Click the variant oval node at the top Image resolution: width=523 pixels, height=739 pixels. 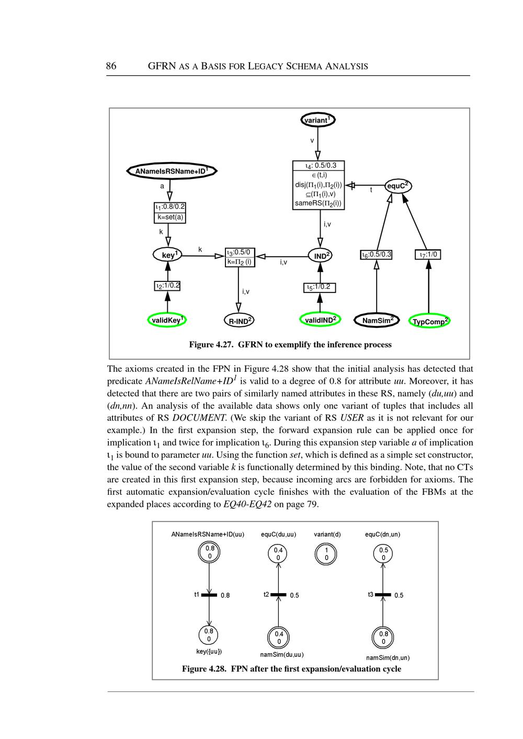pyautogui.click(x=317, y=120)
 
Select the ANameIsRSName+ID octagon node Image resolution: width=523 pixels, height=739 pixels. pyautogui.click(x=172, y=171)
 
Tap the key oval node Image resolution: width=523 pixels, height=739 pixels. pyautogui.click(x=168, y=255)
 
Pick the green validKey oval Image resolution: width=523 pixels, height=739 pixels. pyautogui.click(x=167, y=320)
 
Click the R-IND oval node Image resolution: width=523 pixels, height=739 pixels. pyautogui.click(x=238, y=321)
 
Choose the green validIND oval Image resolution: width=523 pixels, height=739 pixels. pyautogui.click(x=321, y=319)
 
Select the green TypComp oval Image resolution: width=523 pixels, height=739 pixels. pyautogui.click(x=429, y=321)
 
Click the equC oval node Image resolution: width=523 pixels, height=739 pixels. pyautogui.click(x=398, y=186)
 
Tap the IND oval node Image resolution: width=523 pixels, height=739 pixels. pyautogui.click(x=321, y=255)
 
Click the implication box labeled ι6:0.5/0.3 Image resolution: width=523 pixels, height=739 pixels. pyautogui.click(x=377, y=255)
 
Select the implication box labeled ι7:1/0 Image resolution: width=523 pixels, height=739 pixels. pyautogui.click(x=428, y=255)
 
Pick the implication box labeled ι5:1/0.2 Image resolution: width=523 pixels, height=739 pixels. pyautogui.click(x=320, y=287)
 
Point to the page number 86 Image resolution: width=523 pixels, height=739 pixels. pyautogui.click(x=111, y=66)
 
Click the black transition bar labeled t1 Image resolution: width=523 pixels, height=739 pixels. pyautogui.click(x=209, y=595)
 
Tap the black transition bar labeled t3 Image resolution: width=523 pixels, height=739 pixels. pyautogui.click(x=383, y=595)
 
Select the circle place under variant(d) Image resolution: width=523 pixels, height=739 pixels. pyautogui.click(x=326, y=554)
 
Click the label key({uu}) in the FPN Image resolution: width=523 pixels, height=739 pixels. pyautogui.click(x=209, y=651)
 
